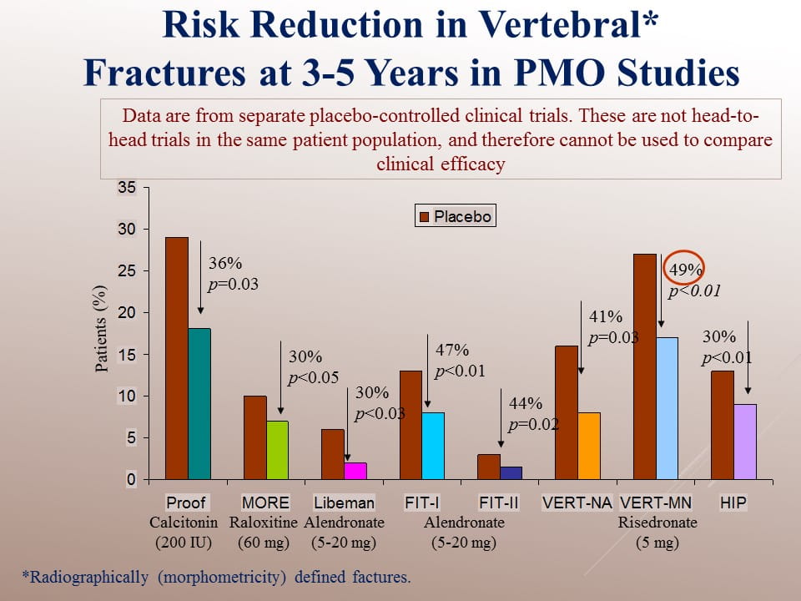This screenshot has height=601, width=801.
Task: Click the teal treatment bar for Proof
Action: click(x=199, y=404)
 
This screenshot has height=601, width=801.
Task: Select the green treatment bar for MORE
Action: click(x=277, y=450)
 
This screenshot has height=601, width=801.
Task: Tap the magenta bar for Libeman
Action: click(x=355, y=471)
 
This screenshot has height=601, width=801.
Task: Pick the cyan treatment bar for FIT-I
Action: click(x=433, y=446)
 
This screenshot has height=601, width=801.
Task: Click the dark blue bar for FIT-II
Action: click(x=511, y=473)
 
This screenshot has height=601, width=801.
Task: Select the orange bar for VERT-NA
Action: click(x=589, y=446)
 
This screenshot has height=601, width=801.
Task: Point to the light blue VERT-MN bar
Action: click(x=667, y=408)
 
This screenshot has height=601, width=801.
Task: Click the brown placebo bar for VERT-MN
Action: click(x=645, y=366)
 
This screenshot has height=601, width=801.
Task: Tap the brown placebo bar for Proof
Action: click(x=176, y=358)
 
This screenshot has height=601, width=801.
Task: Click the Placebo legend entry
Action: click(x=455, y=216)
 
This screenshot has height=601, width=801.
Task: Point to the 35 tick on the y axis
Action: click(x=126, y=188)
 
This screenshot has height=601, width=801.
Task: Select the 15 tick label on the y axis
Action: click(x=126, y=355)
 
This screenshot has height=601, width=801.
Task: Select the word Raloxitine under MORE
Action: click(x=264, y=523)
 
